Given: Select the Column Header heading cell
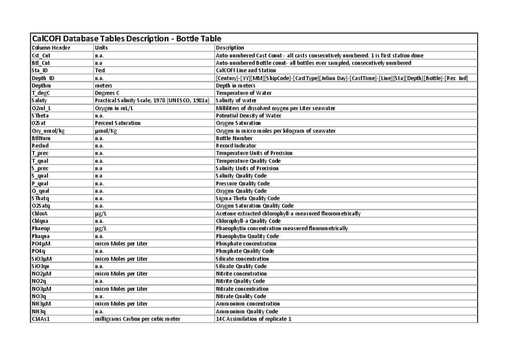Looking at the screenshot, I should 51,48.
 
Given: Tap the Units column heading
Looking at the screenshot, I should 101,48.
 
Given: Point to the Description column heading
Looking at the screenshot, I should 230,48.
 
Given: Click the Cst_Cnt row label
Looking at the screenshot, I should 42,56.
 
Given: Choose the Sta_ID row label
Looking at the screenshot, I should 40,70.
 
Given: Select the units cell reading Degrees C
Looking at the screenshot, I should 108,93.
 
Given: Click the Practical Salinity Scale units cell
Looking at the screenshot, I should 152,100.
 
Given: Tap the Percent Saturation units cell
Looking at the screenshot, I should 117,123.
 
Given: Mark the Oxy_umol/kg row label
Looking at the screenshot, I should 48,131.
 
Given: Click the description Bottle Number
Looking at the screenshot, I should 234,138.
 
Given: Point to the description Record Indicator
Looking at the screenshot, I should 236,146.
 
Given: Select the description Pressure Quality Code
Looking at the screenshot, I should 243,184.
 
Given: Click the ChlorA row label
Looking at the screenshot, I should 40,214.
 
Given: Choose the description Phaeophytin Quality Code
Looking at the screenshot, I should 247,236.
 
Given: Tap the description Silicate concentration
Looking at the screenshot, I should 242,259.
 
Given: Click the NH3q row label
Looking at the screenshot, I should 39,311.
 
